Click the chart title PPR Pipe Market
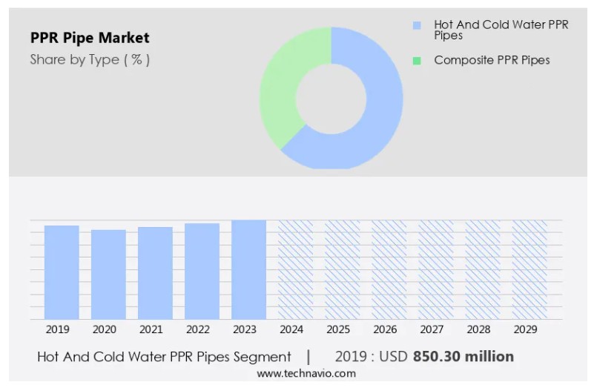[x=90, y=38]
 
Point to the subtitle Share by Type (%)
[x=90, y=60]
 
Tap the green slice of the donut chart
[x=282, y=89]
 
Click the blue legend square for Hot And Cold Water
[x=417, y=25]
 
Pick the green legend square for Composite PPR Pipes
[x=417, y=61]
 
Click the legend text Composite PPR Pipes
[x=492, y=60]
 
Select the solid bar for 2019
[x=62, y=272]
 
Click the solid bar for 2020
[x=108, y=274]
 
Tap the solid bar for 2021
[x=155, y=273]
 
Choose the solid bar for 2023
[x=248, y=269]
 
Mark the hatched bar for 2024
[x=295, y=269]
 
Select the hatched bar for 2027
[x=436, y=269]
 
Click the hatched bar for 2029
[x=530, y=269]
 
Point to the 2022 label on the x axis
[x=198, y=329]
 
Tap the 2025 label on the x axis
[x=338, y=329]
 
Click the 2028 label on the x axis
[x=478, y=329]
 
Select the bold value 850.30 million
[x=464, y=357]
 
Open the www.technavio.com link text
[x=306, y=374]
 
